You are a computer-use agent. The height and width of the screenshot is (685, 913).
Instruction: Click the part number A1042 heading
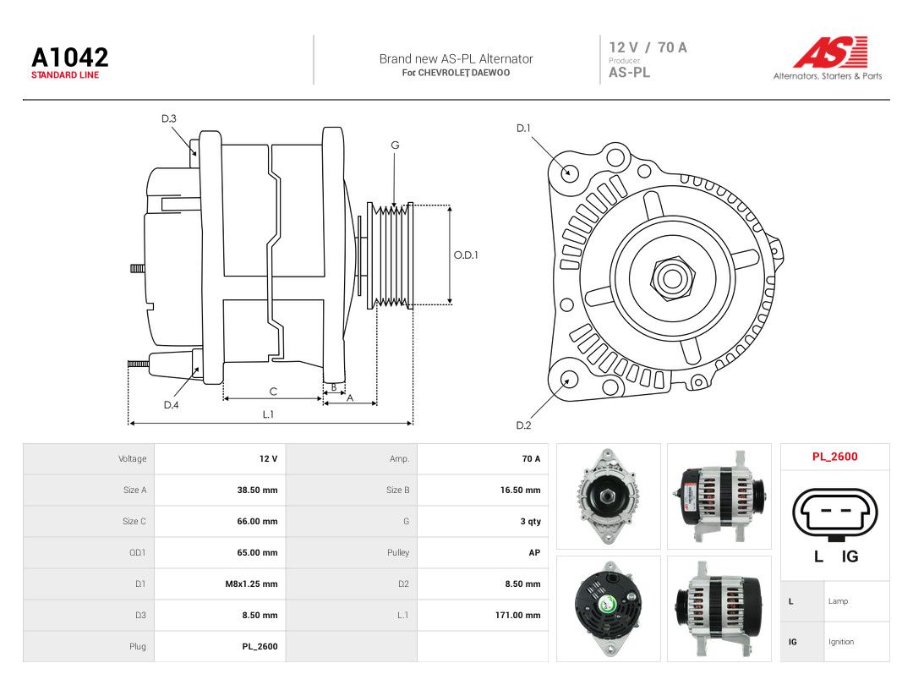[70, 58]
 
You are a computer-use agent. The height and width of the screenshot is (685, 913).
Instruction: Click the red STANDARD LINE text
[65, 75]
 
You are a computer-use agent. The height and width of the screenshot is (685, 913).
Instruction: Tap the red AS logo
[831, 52]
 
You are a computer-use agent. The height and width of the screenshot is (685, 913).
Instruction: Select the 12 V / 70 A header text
[648, 47]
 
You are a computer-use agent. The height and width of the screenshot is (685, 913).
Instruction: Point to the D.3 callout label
[169, 119]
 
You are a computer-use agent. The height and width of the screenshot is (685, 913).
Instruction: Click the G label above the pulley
[395, 145]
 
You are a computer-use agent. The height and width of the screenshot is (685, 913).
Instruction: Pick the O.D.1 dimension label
[466, 255]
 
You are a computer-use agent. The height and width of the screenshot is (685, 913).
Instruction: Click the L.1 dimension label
[268, 414]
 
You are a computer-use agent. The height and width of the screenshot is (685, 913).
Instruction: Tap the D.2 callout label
[523, 425]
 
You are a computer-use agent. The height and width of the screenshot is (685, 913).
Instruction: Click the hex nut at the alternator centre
[672, 278]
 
